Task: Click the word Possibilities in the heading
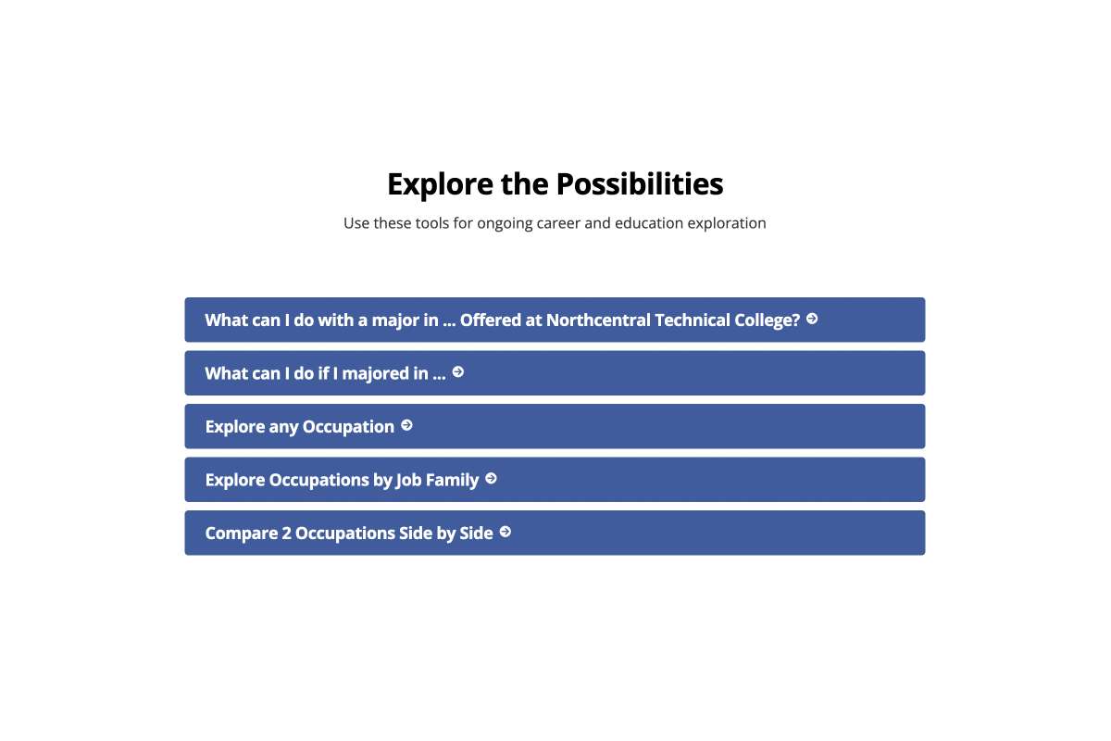(x=639, y=184)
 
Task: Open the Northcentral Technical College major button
(x=555, y=320)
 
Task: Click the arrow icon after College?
(x=812, y=319)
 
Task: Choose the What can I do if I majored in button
(x=555, y=373)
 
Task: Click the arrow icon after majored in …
(x=457, y=372)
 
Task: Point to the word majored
(x=374, y=374)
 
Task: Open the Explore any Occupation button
(x=555, y=426)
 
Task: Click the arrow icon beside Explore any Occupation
(x=406, y=425)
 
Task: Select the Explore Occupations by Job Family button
(x=555, y=480)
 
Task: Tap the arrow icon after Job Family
(x=491, y=479)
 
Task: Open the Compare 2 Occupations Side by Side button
(x=555, y=533)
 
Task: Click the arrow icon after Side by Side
(x=506, y=532)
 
